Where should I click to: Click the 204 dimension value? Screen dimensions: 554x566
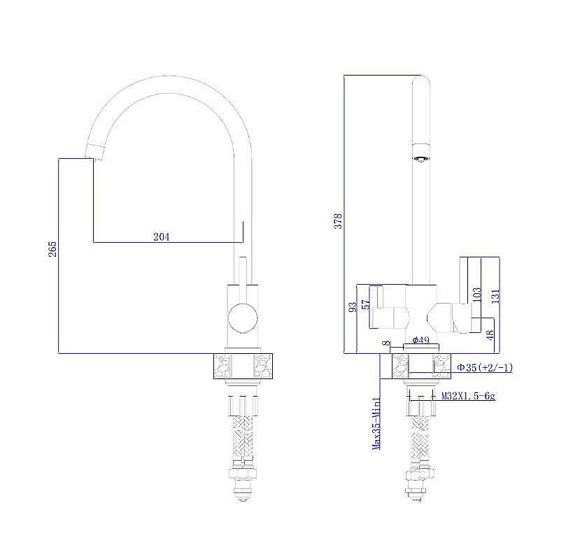point(162,236)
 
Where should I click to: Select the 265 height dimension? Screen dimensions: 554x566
point(52,250)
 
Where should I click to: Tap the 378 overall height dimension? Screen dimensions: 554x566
point(338,221)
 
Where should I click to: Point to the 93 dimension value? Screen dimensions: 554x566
point(353,306)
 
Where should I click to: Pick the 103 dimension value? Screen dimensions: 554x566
point(476,294)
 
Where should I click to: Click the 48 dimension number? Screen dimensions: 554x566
point(490,335)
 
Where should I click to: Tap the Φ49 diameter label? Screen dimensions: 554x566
point(420,341)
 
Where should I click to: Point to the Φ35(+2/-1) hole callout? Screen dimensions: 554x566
point(485,367)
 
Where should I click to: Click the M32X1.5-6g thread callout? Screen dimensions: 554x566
point(467,396)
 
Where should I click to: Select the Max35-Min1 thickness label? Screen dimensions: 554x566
point(376,424)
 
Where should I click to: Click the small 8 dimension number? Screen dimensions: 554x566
point(385,343)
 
